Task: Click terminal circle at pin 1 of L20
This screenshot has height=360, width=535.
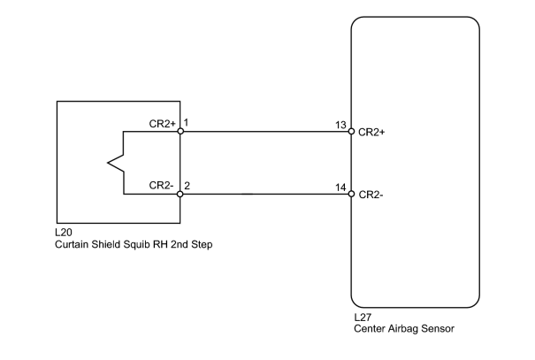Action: pos(180,132)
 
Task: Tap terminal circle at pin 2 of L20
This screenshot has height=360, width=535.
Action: pos(180,195)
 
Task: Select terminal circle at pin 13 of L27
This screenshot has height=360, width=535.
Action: pos(351,132)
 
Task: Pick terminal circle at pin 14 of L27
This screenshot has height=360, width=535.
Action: pos(351,195)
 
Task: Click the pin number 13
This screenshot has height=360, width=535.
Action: pos(340,125)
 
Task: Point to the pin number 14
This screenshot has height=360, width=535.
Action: pos(340,188)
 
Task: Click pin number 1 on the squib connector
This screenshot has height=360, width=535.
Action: pos(187,122)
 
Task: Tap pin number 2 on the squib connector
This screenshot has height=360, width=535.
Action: pos(187,186)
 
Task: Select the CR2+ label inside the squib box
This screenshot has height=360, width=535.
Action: pos(163,124)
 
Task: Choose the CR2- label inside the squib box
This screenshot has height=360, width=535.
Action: pos(162,185)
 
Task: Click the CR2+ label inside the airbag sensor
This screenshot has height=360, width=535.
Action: pos(371,132)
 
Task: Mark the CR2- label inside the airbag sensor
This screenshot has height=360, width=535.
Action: pos(371,195)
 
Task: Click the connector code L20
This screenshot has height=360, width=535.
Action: pos(64,233)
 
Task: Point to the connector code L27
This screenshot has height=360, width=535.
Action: pos(363,318)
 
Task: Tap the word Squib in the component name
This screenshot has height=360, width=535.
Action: pos(137,245)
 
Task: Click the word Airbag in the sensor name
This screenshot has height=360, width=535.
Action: pos(402,329)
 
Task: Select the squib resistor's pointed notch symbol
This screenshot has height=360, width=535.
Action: pos(116,163)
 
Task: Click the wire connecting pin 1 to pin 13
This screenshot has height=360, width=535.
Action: pos(266,132)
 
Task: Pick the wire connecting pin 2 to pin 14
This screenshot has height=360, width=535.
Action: pos(266,195)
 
